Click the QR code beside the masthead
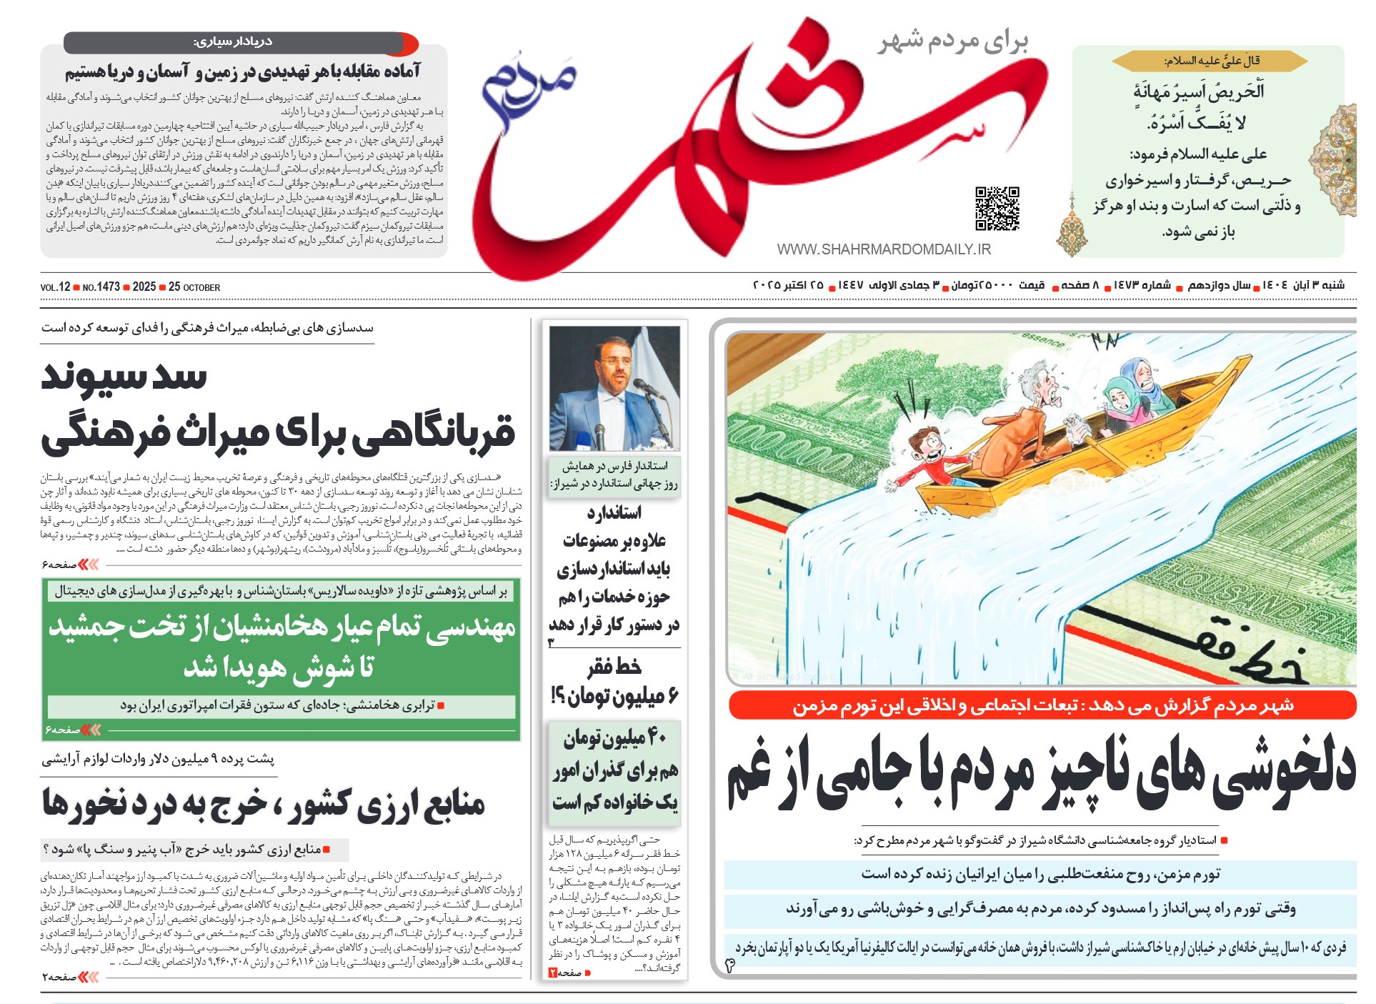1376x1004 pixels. click(997, 209)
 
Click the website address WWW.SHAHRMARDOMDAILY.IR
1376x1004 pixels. click(884, 249)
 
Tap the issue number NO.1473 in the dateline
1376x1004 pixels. click(101, 287)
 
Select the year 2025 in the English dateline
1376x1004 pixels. click(144, 287)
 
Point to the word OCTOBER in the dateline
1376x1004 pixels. click(202, 288)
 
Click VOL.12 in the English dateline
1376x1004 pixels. click(55, 287)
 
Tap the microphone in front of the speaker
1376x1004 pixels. click(647, 388)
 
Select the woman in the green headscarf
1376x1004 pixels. click(1120, 403)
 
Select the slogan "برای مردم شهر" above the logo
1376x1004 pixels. click(953, 41)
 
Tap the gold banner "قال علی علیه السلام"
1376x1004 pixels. click(1210, 61)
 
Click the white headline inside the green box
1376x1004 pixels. click(281, 647)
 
